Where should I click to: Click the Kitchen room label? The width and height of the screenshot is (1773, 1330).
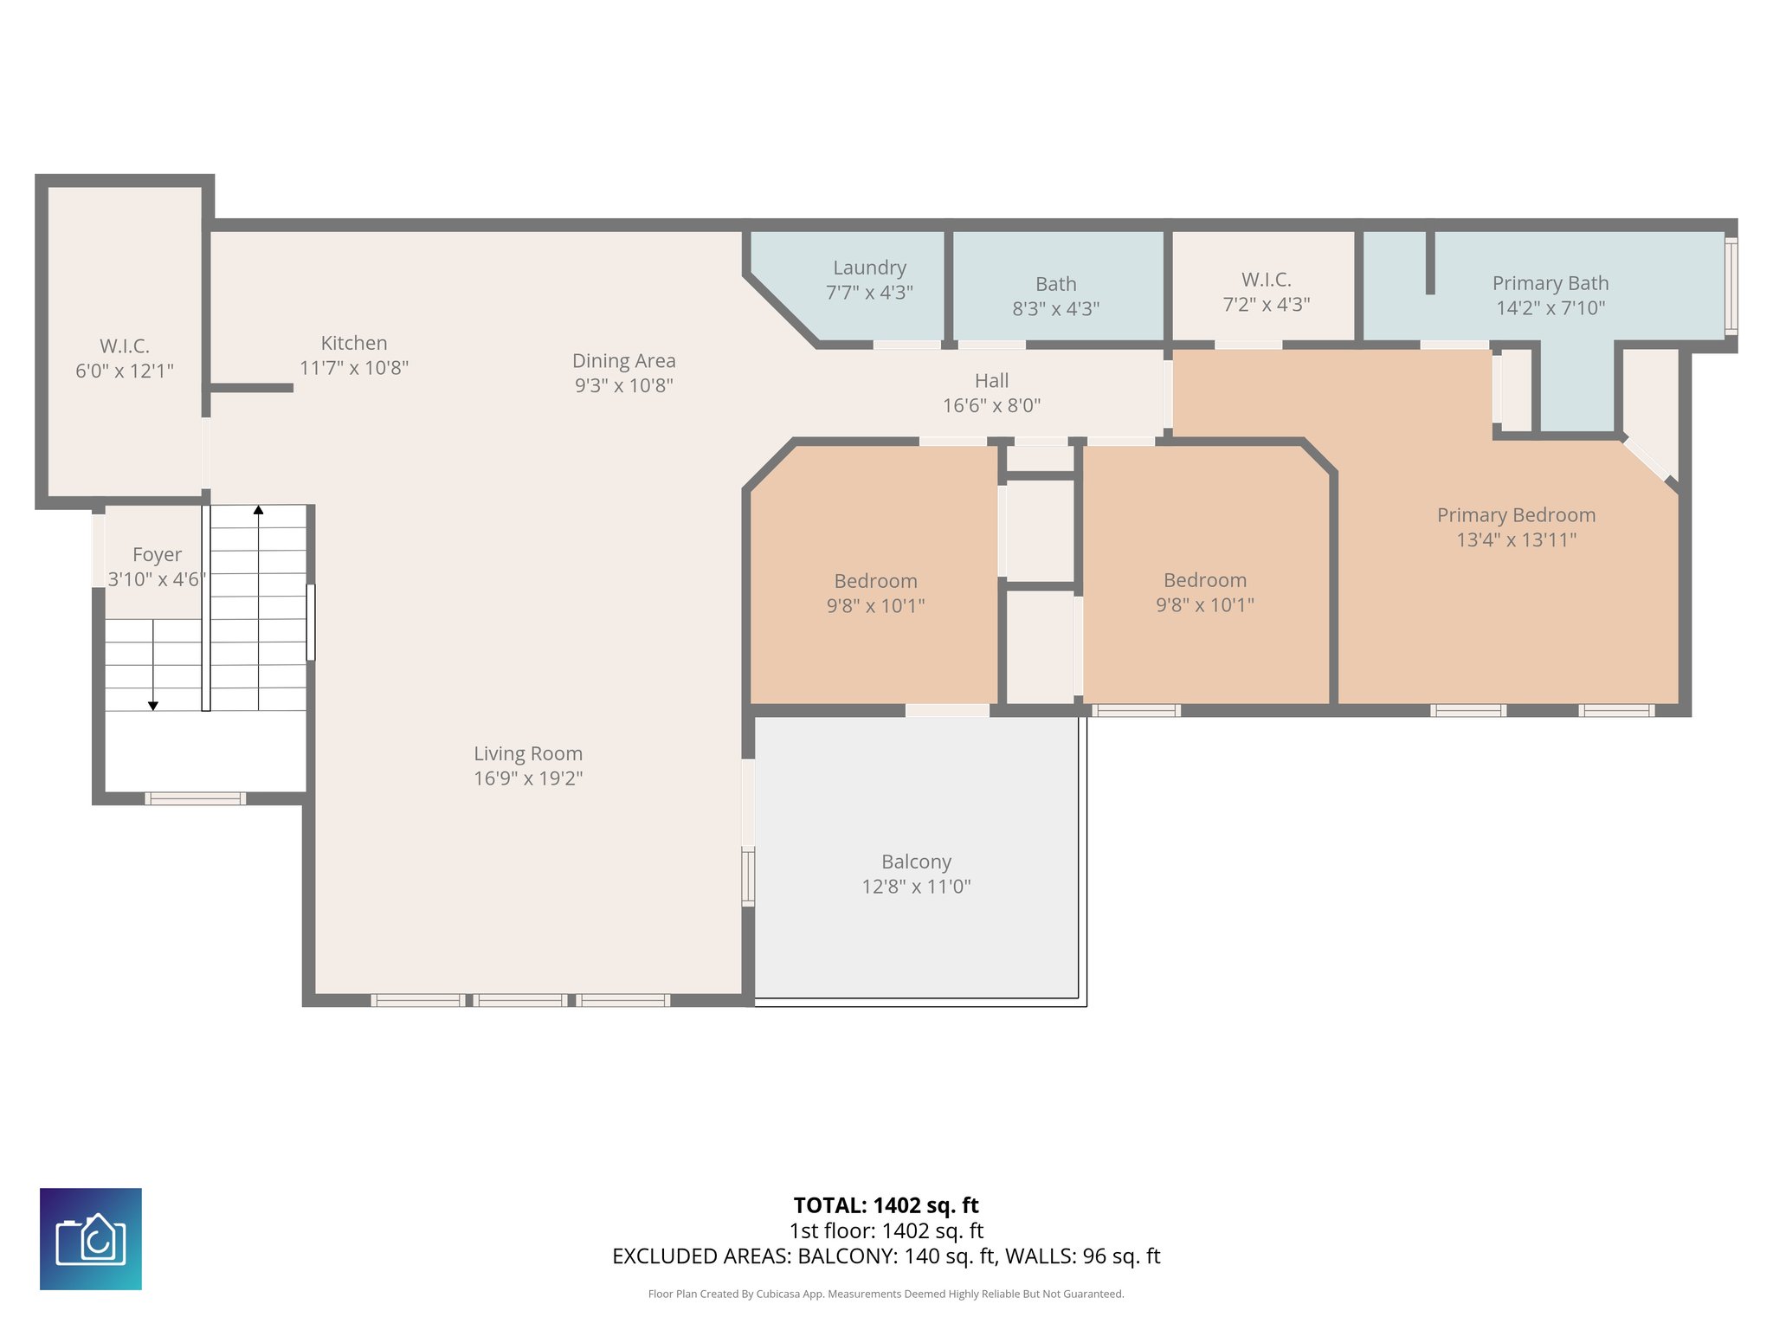point(353,343)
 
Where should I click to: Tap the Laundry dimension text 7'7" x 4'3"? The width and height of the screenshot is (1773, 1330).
point(869,293)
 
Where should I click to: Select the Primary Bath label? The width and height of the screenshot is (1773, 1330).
point(1550,283)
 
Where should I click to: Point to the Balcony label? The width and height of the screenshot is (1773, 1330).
point(916,862)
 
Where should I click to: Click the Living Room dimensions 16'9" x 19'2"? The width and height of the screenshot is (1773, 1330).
point(527,778)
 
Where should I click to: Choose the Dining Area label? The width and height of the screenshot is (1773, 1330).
point(623,361)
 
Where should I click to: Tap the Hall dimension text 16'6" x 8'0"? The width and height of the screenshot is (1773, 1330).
point(991,405)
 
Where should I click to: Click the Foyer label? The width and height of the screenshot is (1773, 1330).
point(157,554)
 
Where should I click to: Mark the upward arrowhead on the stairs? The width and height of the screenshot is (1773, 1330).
point(258,510)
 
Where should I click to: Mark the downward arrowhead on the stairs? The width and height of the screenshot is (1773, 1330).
point(153,706)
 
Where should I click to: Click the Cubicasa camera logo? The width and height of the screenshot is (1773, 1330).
point(91,1238)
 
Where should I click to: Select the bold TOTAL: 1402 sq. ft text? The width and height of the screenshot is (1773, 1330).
point(886,1205)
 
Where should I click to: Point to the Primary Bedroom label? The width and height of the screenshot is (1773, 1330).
point(1516,515)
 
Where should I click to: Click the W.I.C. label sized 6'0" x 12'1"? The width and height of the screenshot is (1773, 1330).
point(125,346)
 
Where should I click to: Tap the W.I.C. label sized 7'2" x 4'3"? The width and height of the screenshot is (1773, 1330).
point(1266,280)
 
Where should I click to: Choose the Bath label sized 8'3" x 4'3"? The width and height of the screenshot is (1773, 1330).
point(1055,284)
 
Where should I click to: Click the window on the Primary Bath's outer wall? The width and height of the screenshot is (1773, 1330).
point(1731,287)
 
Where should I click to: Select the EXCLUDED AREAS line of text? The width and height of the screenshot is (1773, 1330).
point(886,1256)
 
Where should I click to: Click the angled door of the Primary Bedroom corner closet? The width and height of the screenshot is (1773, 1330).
point(1646,459)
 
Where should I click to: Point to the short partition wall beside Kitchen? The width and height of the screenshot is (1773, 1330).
point(251,388)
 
